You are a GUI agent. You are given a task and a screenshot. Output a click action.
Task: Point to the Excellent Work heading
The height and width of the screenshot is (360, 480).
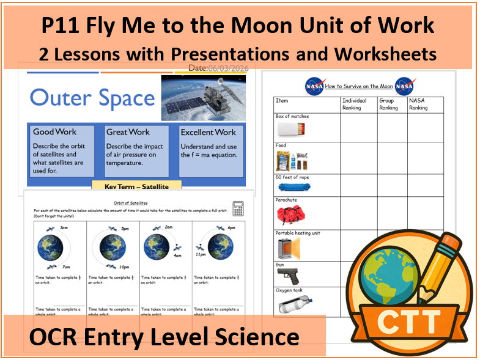point(209,131)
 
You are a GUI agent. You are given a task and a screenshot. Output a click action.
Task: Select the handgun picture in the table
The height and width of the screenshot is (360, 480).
point(289,275)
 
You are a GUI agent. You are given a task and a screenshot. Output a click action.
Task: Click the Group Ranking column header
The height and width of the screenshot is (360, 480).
point(389,104)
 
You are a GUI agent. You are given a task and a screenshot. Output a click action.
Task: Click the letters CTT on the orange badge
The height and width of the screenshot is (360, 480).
point(414,320)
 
